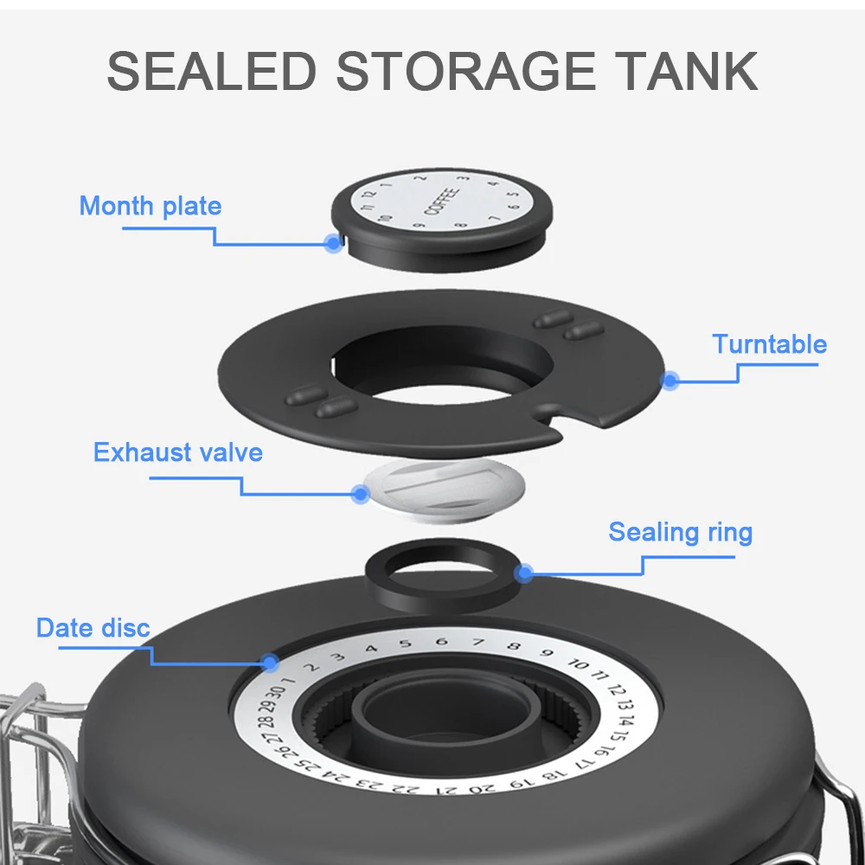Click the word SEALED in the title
[x=211, y=72]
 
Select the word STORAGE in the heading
[x=466, y=72]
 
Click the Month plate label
[x=151, y=206]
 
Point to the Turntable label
[x=769, y=344]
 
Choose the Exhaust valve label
[x=177, y=452]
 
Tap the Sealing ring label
[x=680, y=532]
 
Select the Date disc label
[x=93, y=628]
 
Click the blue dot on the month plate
[x=333, y=243]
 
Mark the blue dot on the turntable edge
[x=670, y=379]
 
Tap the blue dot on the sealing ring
[x=523, y=572]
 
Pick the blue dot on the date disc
[x=271, y=663]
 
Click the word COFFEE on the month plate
[x=442, y=202]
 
